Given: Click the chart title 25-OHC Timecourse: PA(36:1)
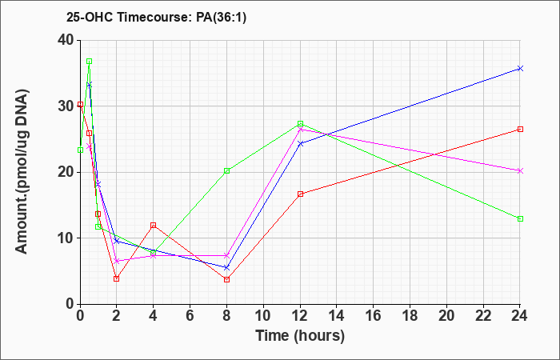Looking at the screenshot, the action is tap(156, 18).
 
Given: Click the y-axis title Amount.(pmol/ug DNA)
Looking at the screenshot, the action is tap(22, 171).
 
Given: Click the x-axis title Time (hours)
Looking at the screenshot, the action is tap(300, 336).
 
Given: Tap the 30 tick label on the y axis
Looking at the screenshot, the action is tap(66, 106).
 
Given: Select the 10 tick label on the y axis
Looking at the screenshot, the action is tap(66, 238).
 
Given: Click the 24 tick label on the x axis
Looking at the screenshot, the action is tap(520, 316).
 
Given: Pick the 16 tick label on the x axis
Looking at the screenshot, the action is tap(374, 316).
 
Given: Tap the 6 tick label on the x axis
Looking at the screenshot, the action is tap(190, 316).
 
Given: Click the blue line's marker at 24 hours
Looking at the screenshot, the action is tap(520, 68).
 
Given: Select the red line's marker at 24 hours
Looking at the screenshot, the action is tap(520, 129).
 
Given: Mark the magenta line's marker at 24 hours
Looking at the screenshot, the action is tap(520, 170).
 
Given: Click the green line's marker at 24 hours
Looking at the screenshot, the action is tap(520, 218).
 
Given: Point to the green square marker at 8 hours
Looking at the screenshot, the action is tap(226, 170).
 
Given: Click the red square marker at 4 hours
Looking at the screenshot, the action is tap(154, 225).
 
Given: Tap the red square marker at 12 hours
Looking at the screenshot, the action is tap(300, 194).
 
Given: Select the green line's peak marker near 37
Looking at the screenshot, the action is tap(90, 61).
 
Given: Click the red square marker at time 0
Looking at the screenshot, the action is tap(80, 104).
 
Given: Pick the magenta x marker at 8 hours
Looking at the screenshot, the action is tap(226, 255).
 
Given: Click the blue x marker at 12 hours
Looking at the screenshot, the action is tap(300, 143).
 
